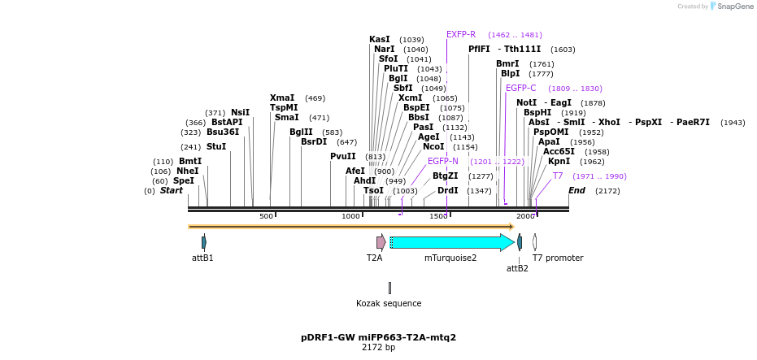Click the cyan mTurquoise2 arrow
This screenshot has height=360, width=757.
point(451,242)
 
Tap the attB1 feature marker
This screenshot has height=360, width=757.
point(204,242)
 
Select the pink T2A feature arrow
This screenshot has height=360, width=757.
point(381,242)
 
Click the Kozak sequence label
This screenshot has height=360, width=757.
point(389,304)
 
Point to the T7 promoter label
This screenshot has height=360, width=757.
point(558,258)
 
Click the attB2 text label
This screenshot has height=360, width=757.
point(517,268)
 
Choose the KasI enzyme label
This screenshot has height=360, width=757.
point(380,39)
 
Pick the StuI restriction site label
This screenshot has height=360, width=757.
point(216,147)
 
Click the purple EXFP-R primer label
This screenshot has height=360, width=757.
point(461,34)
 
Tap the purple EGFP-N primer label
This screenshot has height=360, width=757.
point(443,161)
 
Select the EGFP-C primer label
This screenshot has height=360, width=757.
point(521,88)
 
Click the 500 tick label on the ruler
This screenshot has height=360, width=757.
point(266,216)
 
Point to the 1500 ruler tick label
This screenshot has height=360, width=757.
point(438,216)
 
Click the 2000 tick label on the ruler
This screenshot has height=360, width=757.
point(525,216)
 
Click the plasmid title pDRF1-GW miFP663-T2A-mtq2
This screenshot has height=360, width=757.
point(378,337)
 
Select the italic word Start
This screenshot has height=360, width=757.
point(172,190)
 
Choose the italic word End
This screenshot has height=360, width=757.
point(576,190)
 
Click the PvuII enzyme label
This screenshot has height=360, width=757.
point(343,156)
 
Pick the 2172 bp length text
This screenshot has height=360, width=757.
point(378,348)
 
